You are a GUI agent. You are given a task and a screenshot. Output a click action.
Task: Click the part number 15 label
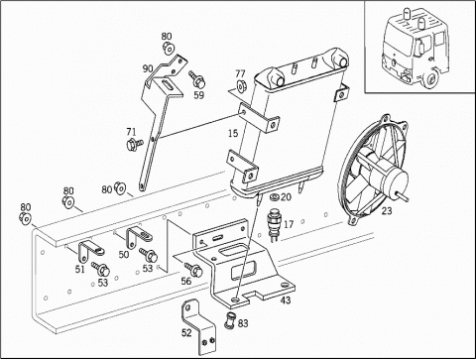(x=233, y=134)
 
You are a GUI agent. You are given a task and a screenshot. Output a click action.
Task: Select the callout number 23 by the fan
(x=386, y=210)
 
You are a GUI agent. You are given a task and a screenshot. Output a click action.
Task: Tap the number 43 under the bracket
(x=286, y=300)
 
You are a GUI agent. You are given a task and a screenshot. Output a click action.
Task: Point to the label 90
(x=148, y=68)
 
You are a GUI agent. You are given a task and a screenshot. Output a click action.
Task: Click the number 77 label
(x=240, y=73)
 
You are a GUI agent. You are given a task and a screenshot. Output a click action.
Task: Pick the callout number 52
(x=186, y=332)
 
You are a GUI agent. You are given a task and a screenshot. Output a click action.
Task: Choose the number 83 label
(x=243, y=323)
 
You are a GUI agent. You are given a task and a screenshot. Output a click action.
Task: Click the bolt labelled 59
(x=197, y=78)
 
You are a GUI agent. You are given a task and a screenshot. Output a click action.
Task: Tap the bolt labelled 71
(x=135, y=144)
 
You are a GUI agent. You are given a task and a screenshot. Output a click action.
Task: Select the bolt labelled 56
(x=193, y=269)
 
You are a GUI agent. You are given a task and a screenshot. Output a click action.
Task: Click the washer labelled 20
(x=274, y=197)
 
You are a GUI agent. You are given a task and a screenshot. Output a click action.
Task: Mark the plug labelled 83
(x=230, y=320)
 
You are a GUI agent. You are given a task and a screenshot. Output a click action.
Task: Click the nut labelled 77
(x=240, y=85)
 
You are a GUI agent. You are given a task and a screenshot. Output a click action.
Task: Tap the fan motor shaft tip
(x=408, y=199)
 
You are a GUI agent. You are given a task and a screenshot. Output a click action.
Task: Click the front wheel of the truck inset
(x=430, y=80)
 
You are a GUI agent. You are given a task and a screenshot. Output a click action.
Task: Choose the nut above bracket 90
(x=169, y=49)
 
